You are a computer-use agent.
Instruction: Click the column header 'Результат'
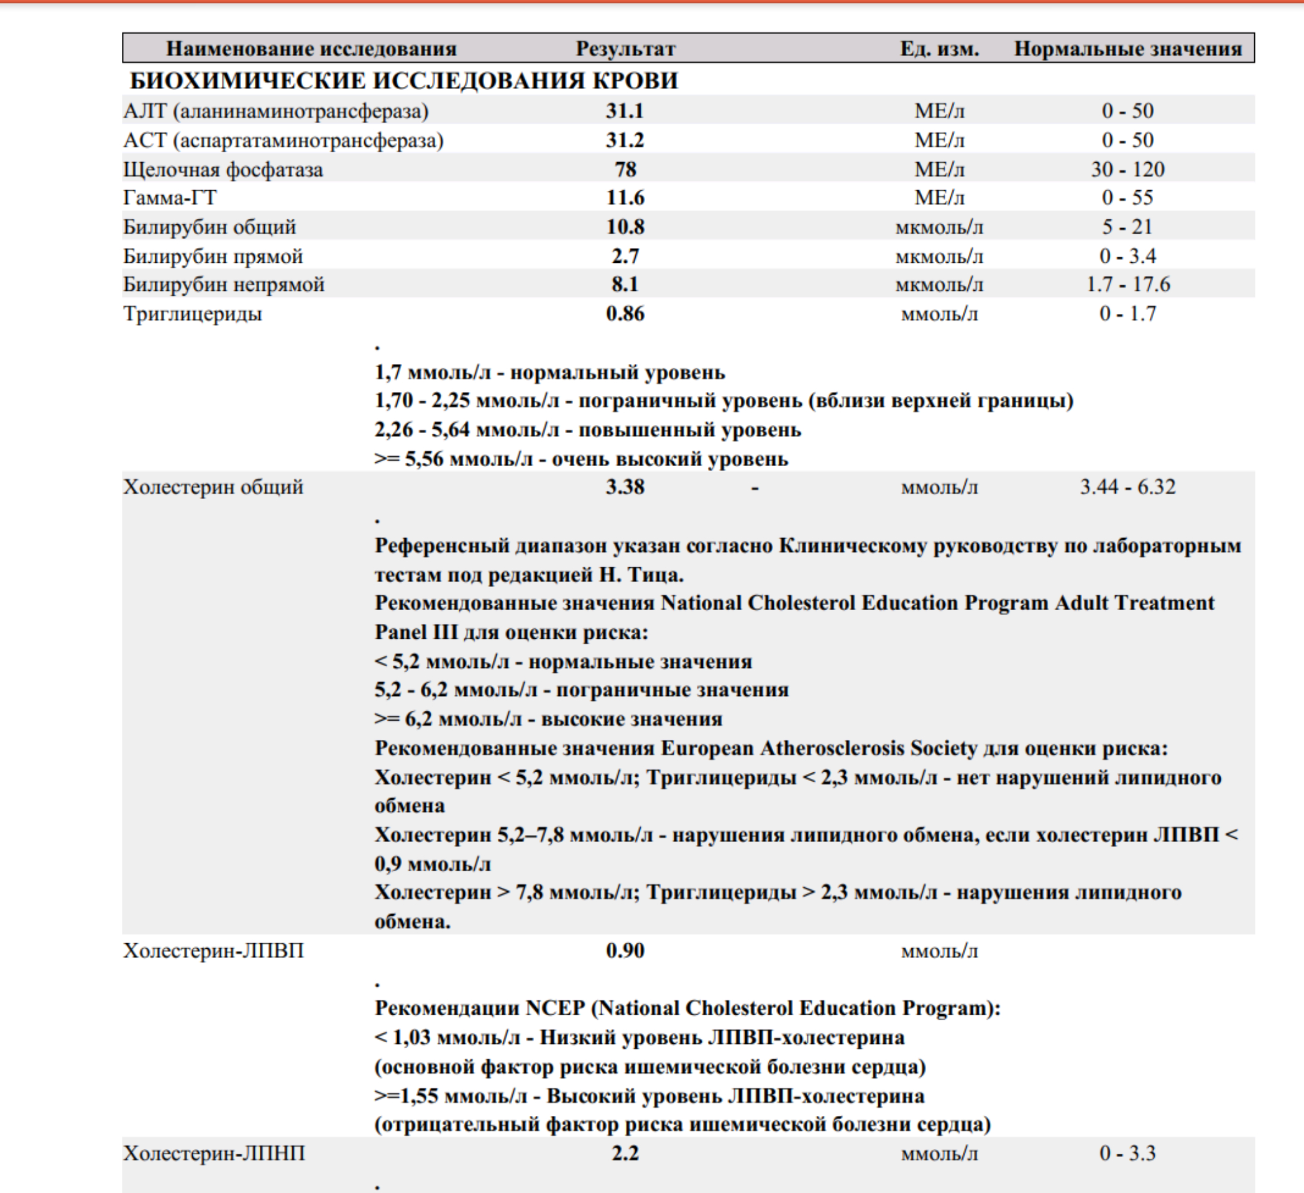tap(625, 48)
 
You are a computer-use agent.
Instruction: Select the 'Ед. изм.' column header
tap(939, 48)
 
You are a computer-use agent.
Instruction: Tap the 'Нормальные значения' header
tap(1127, 48)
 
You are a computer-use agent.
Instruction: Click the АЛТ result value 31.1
tap(625, 111)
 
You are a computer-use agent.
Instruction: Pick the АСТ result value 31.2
tap(625, 140)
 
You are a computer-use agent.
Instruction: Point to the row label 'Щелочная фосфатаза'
tap(223, 170)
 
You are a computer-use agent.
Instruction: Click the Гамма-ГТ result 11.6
tap(625, 197)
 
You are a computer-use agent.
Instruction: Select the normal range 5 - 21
tap(1127, 226)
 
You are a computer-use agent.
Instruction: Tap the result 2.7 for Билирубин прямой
tap(625, 256)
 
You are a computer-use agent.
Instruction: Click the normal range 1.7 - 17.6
tap(1127, 284)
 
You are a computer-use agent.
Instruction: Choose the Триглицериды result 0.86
tap(625, 314)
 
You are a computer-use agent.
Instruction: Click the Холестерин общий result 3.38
tap(625, 487)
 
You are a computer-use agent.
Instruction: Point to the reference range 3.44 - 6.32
tap(1127, 487)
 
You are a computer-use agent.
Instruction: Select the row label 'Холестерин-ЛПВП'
tap(213, 951)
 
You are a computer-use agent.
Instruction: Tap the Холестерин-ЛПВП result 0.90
tap(625, 951)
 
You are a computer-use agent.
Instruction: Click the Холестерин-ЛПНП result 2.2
tap(625, 1153)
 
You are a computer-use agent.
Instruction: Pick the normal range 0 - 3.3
tap(1127, 1153)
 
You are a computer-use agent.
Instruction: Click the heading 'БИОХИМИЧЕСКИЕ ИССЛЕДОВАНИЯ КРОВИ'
tap(403, 81)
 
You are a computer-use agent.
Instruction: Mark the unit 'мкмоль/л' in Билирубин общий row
tap(939, 227)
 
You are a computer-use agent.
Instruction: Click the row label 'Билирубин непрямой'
tap(224, 285)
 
